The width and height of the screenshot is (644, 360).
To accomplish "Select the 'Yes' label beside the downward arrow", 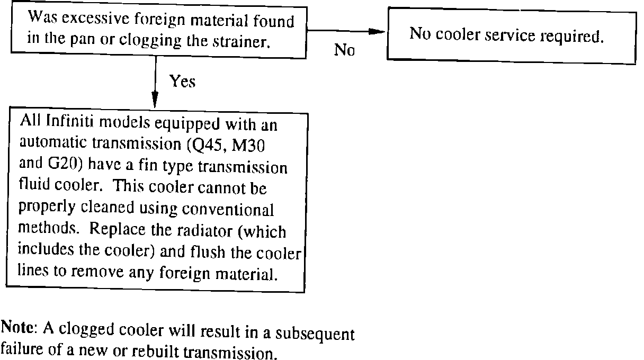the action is [182, 81].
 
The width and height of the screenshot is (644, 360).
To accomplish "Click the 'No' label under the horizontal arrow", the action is [344, 50].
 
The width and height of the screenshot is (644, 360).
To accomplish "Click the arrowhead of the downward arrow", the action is [155, 100].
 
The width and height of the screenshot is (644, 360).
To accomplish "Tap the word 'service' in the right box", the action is [510, 35].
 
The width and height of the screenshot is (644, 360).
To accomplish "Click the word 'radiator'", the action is [202, 231].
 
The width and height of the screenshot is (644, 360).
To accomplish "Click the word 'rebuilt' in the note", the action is [154, 352].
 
